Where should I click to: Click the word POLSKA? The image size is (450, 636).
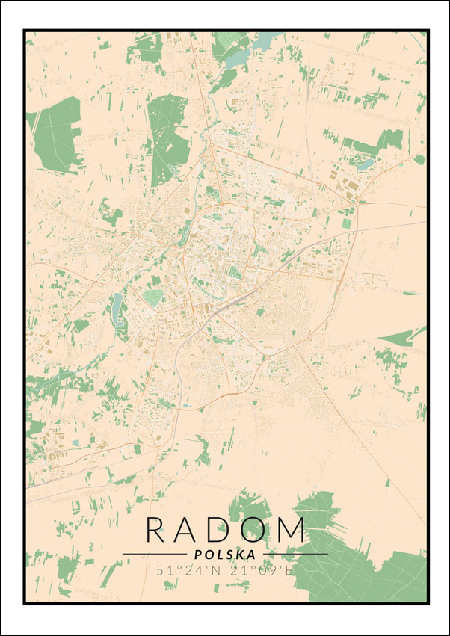(224, 555)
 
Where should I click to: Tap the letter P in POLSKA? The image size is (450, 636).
(197, 555)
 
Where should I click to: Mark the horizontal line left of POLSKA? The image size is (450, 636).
(154, 555)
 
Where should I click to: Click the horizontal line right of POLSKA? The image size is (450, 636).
(295, 555)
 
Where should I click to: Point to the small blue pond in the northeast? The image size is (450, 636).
(366, 165)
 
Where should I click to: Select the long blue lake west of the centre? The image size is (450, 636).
(117, 307)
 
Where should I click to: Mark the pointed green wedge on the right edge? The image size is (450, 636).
(407, 337)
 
